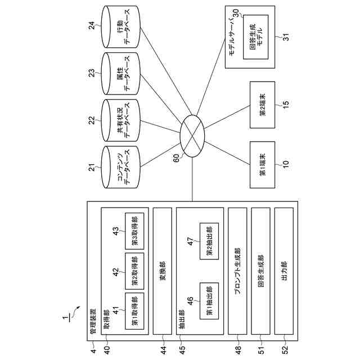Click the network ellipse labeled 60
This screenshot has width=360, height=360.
[192, 136]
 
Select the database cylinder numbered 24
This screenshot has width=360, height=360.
[120, 27]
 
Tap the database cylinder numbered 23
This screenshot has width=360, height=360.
[120, 74]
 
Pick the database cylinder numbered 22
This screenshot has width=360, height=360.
[120, 120]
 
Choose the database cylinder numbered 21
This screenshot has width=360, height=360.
[120, 167]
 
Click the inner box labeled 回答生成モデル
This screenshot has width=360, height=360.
[256, 37]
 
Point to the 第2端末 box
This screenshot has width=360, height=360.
[263, 105]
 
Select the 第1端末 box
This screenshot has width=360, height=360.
[263, 165]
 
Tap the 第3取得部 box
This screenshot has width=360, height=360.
[134, 231]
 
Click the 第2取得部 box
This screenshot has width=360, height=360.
[134, 271]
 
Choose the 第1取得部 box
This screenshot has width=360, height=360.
[134, 311]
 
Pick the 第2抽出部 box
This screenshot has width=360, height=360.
[209, 241]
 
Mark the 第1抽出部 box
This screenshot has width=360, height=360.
[209, 301]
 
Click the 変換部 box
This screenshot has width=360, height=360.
[163, 271]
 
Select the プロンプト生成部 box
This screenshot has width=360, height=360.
[237, 271]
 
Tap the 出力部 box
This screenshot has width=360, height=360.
[284, 271]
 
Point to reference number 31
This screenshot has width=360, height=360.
[286, 37]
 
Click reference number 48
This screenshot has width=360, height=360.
[238, 350]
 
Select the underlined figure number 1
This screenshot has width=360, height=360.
[66, 318]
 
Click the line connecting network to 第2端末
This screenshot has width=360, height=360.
[227, 117]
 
